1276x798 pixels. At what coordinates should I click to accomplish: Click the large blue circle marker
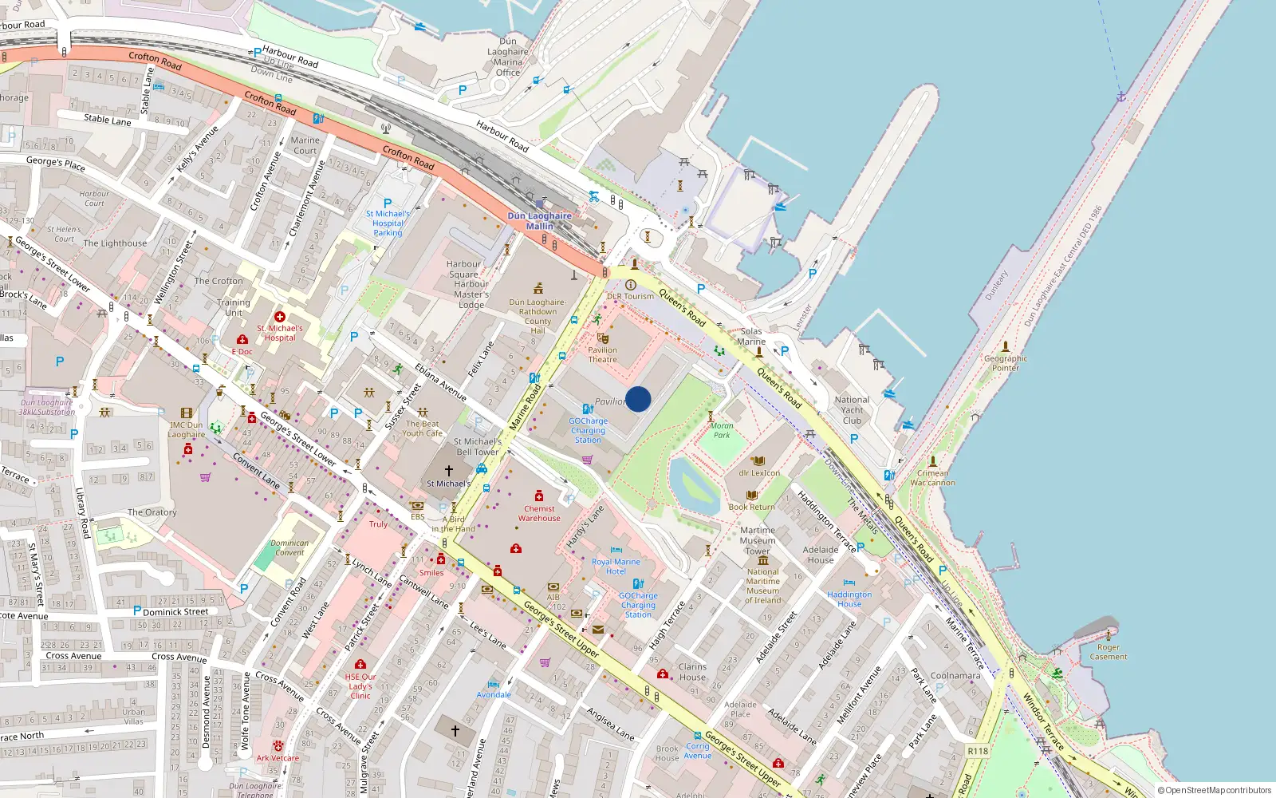coord(638,399)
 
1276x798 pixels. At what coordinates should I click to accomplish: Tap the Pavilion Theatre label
coord(603,355)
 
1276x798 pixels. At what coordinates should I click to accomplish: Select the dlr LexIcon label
coord(759,472)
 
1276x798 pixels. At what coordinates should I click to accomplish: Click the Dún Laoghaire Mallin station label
coord(540,221)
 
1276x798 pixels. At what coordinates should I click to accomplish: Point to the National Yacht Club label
coord(852,410)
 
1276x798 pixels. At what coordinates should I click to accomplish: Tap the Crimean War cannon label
coord(932,477)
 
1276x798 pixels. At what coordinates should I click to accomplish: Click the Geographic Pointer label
coord(1006,363)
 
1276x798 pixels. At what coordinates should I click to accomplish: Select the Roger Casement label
coord(1109,652)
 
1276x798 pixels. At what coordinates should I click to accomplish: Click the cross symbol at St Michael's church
coord(449,471)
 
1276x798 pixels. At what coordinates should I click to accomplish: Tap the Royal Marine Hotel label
coord(616,567)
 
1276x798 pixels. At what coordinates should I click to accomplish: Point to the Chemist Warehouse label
coord(539,513)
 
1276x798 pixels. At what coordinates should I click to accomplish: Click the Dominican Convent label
coord(289,547)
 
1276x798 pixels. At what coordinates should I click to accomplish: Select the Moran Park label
coord(722,430)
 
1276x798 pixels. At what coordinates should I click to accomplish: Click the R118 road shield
coord(978,751)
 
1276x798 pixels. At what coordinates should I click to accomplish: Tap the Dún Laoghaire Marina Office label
coord(508,57)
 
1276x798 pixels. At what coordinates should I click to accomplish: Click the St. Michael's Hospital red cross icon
coord(280,317)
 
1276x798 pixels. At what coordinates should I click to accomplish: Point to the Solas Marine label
coord(751,336)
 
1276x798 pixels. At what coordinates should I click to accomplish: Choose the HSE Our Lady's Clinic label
coord(360,686)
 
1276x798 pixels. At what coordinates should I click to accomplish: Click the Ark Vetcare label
coord(278,758)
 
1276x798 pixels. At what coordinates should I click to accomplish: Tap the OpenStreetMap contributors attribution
coord(1215,790)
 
